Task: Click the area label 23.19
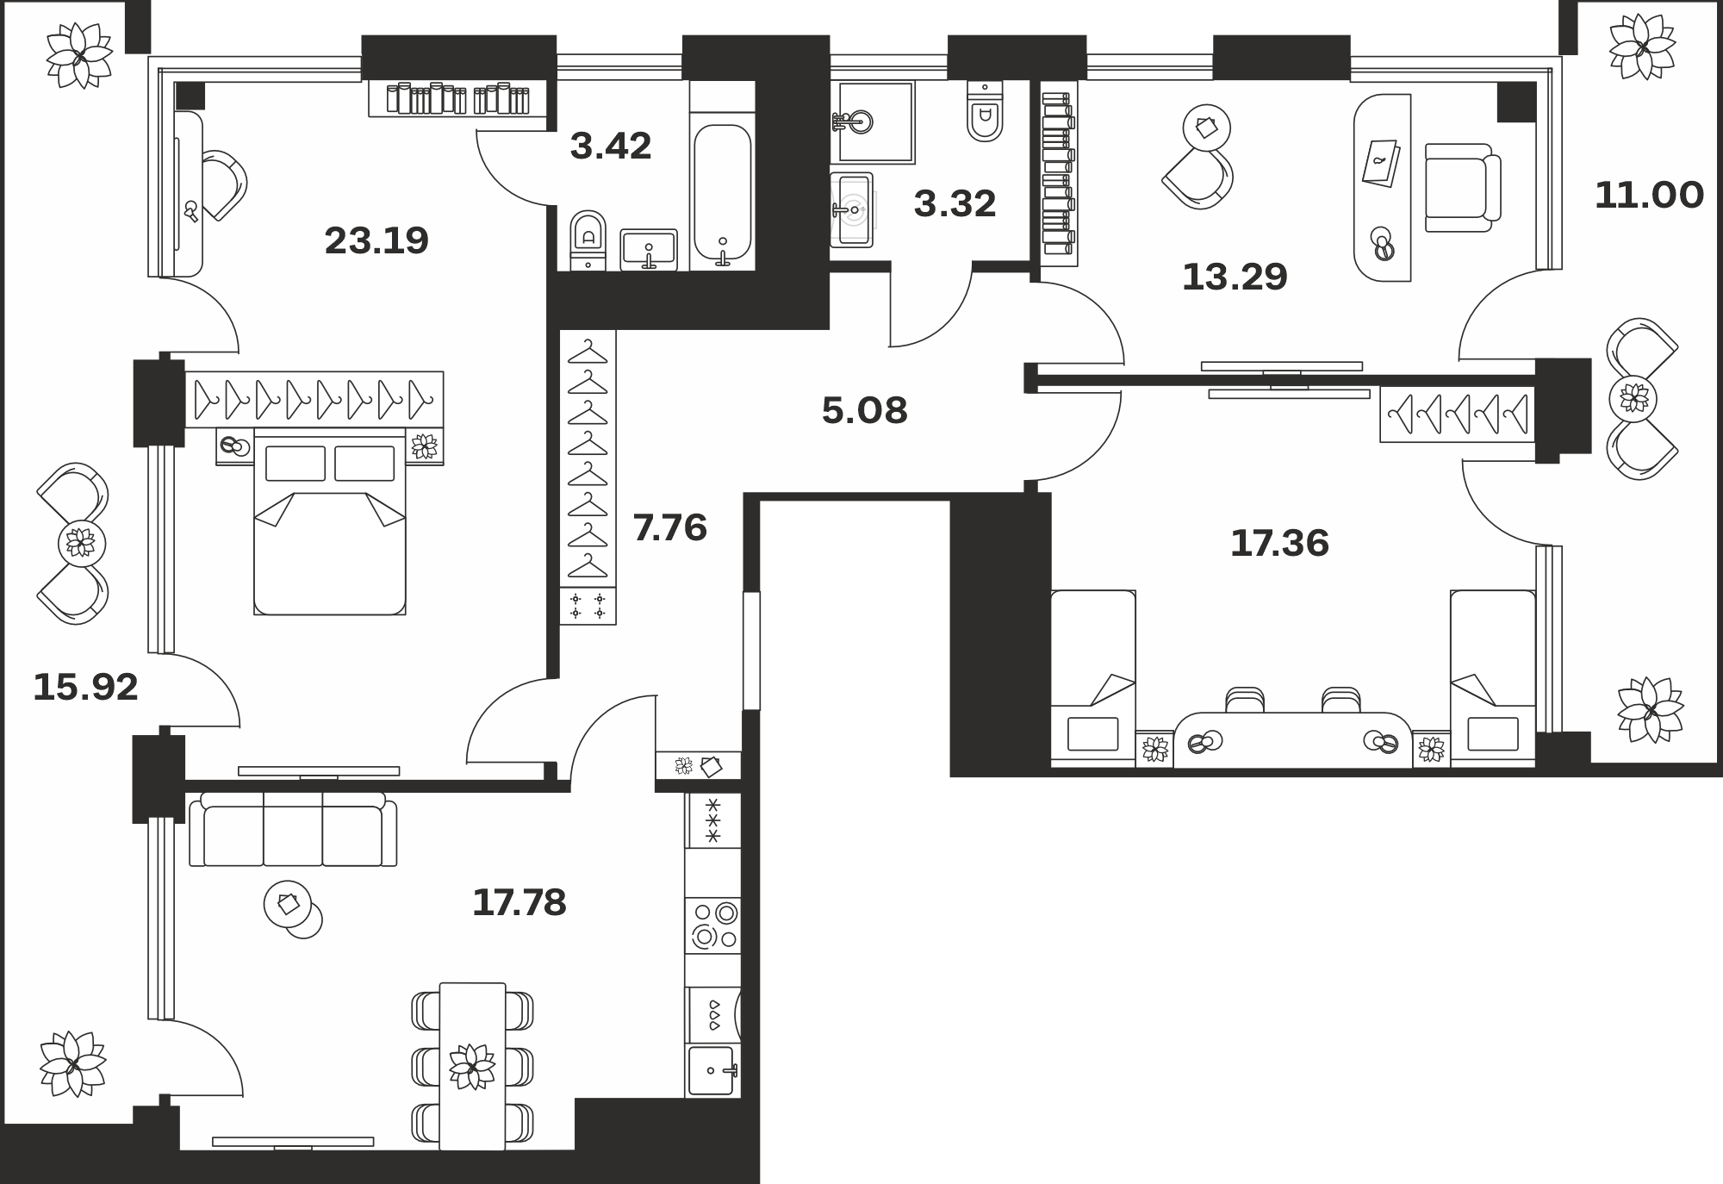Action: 376,240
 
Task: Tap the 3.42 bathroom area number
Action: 611,146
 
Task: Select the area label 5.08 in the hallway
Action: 864,411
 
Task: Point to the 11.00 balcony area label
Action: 1649,196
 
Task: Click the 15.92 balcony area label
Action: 85,687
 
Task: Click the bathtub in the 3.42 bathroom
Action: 723,195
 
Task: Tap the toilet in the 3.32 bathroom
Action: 986,111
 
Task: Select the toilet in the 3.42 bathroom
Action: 588,241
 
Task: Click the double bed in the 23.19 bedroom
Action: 330,526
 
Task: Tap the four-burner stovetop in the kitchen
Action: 713,925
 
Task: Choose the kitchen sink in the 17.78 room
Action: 713,1070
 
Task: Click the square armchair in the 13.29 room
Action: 1463,188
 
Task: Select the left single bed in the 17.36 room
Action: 1093,676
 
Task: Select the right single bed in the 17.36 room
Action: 1493,676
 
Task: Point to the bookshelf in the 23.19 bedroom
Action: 458,98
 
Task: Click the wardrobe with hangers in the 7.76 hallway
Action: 588,477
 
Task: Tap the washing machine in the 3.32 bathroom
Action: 852,209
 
